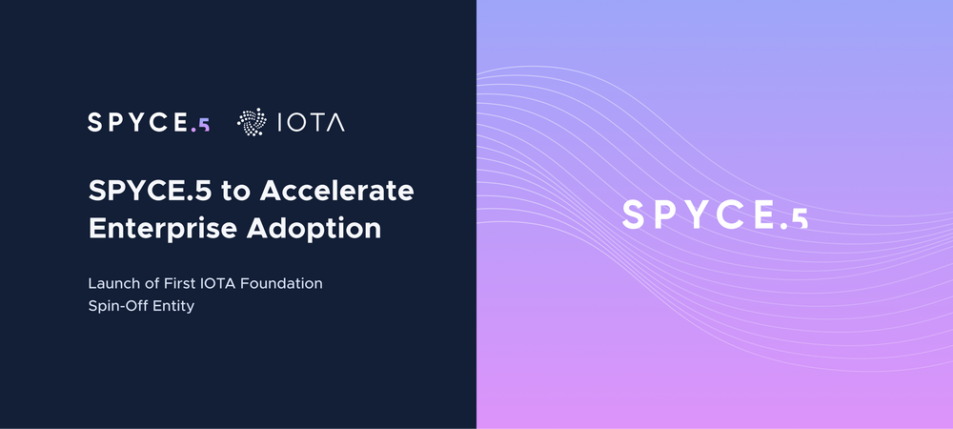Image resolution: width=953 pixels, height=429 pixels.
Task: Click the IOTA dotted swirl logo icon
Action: click(x=252, y=122)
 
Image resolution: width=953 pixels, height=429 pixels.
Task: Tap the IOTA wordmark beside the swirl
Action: click(x=311, y=123)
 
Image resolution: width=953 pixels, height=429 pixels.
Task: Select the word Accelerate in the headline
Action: click(x=336, y=191)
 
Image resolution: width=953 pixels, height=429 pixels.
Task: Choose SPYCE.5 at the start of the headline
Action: click(x=151, y=191)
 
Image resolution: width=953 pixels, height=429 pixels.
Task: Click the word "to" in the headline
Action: click(x=235, y=192)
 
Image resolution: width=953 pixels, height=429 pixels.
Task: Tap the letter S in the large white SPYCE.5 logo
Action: click(x=634, y=215)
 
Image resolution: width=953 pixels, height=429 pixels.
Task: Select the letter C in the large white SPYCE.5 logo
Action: click(x=728, y=215)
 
